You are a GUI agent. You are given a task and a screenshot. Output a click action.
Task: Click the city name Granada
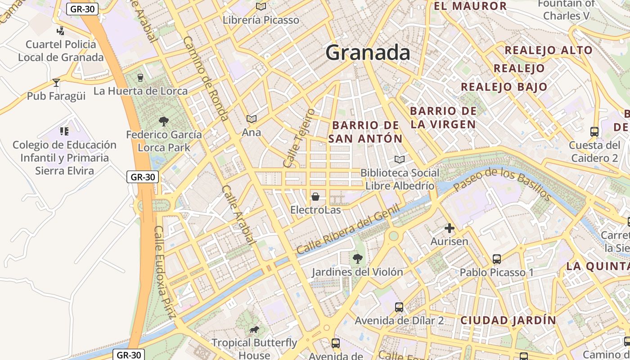tap(368, 53)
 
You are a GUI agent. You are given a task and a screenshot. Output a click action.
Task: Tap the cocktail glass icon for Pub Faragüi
tap(56, 83)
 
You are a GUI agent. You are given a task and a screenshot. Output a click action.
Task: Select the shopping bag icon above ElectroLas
tap(315, 197)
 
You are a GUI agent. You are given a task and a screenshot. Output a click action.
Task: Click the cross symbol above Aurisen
tap(449, 228)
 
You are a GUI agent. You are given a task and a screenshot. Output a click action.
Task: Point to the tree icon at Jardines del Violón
tap(358, 258)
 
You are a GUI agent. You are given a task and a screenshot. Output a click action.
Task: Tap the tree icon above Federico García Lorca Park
tap(164, 121)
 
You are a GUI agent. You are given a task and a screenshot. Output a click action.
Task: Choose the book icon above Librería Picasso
tap(261, 6)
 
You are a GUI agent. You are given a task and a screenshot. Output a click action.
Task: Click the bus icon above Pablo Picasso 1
tap(497, 259)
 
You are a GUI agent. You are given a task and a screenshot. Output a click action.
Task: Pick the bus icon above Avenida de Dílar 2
tap(399, 307)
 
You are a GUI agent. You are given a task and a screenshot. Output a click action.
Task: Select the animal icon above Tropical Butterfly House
tap(254, 330)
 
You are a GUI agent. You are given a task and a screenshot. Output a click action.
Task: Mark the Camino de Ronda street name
tap(206, 78)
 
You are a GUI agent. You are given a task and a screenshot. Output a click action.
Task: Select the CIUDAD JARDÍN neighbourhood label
tap(508, 320)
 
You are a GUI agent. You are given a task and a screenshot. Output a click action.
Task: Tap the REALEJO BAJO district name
tap(504, 87)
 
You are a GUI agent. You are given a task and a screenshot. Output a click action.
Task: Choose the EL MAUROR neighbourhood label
tap(470, 6)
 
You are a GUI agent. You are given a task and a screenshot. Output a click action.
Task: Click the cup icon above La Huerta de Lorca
tap(140, 77)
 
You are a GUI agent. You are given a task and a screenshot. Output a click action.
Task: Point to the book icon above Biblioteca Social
tap(399, 159)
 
